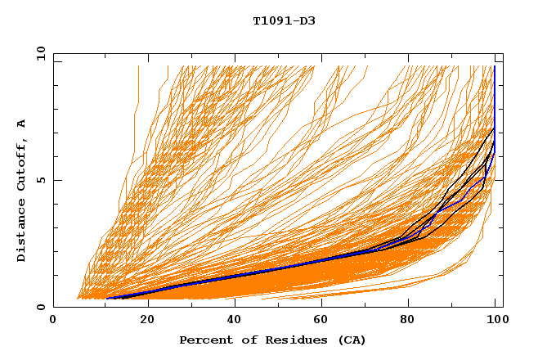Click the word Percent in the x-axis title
tap(204, 340)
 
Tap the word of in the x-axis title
tap(242, 340)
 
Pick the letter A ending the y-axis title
tap(22, 124)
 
